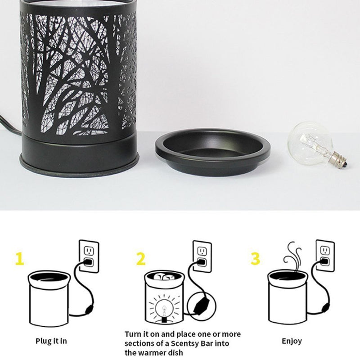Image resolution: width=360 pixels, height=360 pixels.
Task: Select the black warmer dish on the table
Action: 212,152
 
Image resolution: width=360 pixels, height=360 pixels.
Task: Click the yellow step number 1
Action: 19,259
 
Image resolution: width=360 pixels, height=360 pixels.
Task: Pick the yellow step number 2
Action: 141,259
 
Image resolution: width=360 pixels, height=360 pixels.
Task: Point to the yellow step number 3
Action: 255,258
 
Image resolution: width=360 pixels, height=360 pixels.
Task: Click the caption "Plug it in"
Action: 51,341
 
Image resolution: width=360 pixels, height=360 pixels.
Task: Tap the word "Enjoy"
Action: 292,342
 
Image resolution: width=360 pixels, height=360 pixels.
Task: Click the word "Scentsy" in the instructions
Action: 186,343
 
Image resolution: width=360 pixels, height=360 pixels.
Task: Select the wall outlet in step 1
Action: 89,256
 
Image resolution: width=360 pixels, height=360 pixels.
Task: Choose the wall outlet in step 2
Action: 202,256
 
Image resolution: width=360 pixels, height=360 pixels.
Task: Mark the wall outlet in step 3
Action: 325,256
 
